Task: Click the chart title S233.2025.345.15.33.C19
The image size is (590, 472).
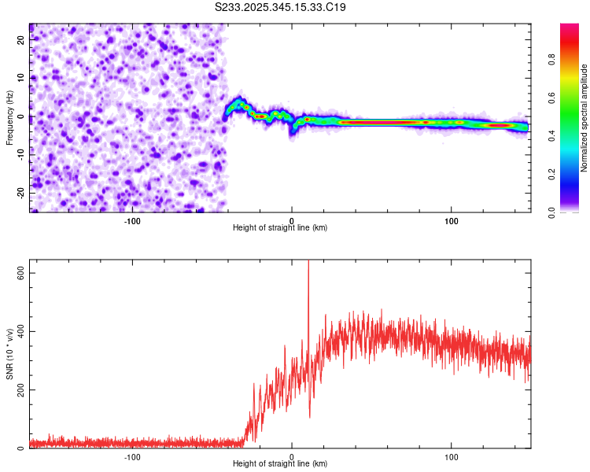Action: pos(281,7)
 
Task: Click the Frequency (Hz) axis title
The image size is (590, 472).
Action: pos(9,118)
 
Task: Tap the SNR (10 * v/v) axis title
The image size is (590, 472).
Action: pos(9,354)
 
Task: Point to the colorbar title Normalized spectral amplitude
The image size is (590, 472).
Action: pos(584,118)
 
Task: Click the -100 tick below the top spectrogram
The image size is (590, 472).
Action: pos(132,221)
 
